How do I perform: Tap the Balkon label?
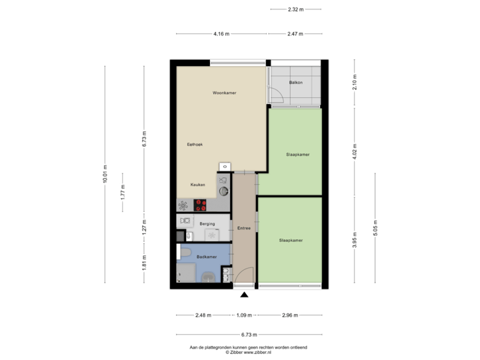[x=295, y=83]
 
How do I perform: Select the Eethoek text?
[x=195, y=144]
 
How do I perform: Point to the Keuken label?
[x=197, y=184]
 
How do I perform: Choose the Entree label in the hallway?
[x=244, y=229]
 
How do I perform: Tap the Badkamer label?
[x=206, y=257]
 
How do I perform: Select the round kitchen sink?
[x=224, y=191]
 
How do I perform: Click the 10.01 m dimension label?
[x=105, y=173]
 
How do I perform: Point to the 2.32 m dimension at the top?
[x=295, y=9]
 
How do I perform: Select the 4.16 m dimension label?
[x=221, y=33]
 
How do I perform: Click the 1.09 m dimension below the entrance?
[x=245, y=315]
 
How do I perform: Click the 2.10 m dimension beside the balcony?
[x=355, y=83]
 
